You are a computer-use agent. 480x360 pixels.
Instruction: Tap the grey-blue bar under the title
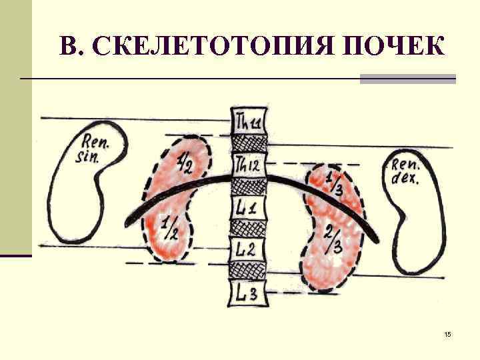tap(407, 79)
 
